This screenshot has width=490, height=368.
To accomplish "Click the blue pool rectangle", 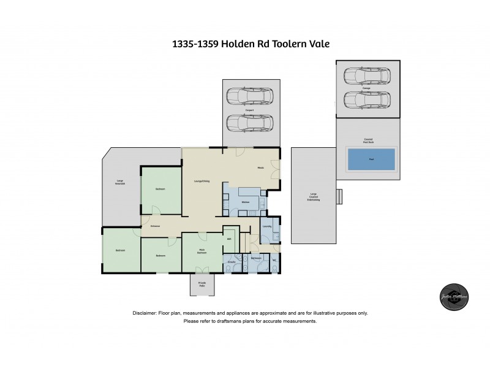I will tap(371, 159).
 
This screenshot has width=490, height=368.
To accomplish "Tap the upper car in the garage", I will tap(367, 76).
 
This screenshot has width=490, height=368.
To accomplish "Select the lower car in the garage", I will tap(367, 99).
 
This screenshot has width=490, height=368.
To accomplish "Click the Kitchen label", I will tap(244, 202).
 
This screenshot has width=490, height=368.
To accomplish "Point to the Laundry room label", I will tap(267, 226).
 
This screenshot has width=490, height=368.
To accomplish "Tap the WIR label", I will tap(229, 239).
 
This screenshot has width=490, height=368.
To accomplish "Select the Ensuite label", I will tap(232, 261).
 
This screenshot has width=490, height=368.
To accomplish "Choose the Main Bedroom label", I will tap(202, 251).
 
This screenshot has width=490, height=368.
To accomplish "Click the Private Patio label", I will tap(202, 284).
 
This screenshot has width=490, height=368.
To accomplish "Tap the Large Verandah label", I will tap(121, 182).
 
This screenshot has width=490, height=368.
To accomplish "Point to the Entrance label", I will tap(156, 226).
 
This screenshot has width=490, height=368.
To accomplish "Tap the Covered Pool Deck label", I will tap(369, 139).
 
